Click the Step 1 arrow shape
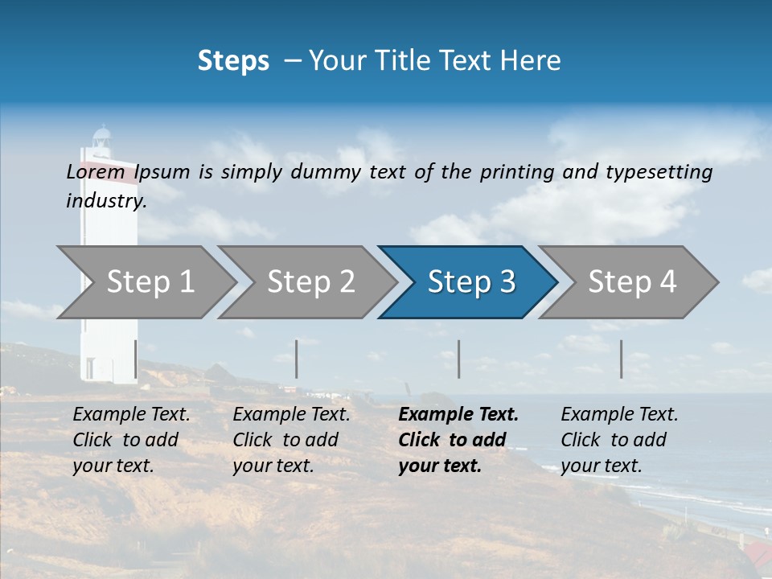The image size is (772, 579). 150,281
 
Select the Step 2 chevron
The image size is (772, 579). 310,281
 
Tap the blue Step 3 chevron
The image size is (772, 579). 470,281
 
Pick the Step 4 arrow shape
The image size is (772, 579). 631,281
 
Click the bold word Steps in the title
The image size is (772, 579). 233,60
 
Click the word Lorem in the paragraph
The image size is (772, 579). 95,171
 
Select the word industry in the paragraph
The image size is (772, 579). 106,200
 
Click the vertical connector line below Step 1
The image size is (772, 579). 135,359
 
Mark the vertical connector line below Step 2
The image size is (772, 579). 297,359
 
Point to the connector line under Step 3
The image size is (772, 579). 458,359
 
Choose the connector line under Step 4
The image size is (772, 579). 621,359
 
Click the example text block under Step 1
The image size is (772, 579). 131,440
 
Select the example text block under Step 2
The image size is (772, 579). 291,440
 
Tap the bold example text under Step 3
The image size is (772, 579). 458,440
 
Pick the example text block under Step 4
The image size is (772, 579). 619,440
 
